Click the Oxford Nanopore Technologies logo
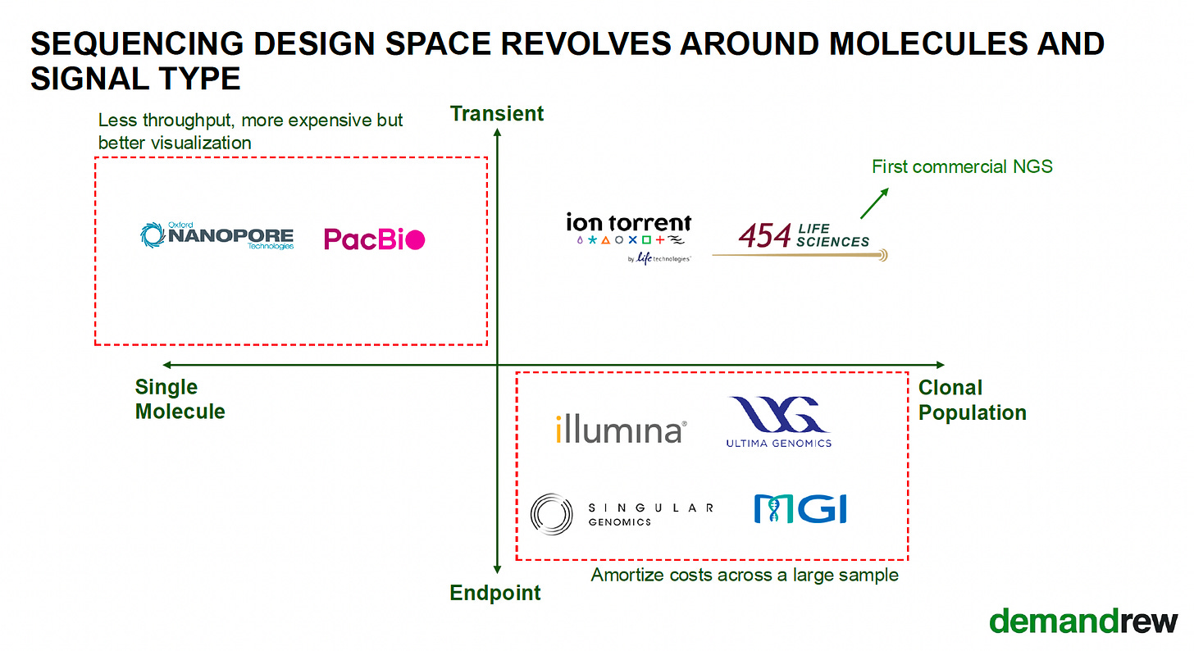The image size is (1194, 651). [217, 236]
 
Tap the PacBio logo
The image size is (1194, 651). [374, 239]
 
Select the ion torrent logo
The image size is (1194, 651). [629, 236]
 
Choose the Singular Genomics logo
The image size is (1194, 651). [622, 513]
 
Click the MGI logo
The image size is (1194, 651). [800, 509]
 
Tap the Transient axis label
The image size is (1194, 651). [497, 113]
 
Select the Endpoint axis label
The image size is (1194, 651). [495, 593]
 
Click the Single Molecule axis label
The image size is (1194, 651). [180, 399]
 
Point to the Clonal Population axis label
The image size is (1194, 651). [972, 400]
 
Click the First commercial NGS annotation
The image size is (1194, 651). [962, 166]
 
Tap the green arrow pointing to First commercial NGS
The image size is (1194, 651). [873, 203]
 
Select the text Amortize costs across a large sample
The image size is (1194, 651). [745, 575]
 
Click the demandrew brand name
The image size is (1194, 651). [1083, 621]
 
